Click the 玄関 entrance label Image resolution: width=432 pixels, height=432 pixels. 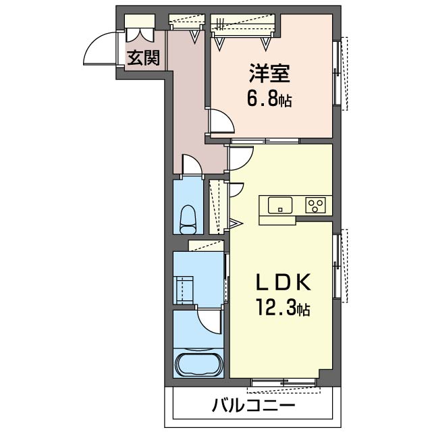click(x=144, y=58)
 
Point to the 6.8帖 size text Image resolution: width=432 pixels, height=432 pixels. click(x=269, y=101)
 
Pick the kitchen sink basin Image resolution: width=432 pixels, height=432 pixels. click(x=279, y=205)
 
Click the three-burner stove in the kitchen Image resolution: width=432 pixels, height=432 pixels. click(x=315, y=205)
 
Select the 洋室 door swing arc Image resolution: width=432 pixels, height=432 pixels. click(x=221, y=122)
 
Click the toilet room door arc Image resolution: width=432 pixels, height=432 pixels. click(x=191, y=164)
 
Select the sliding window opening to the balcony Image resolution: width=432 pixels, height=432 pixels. click(x=283, y=384)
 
